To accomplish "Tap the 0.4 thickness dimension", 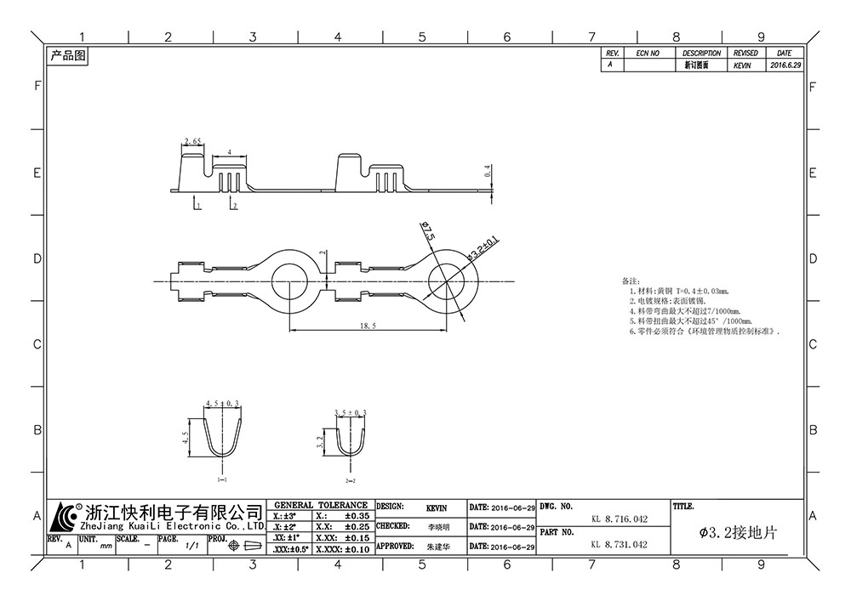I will point(488,173).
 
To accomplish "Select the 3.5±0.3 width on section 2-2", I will point(350,412).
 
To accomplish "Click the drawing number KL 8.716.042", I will point(619,518).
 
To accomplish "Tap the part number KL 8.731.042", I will point(619,545).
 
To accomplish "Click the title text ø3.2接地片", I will point(737,532).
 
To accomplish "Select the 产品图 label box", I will point(67,57).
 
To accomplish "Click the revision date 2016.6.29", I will point(785,65).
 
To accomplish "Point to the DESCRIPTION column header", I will point(701,53).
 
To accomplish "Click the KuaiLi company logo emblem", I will point(65,515).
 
